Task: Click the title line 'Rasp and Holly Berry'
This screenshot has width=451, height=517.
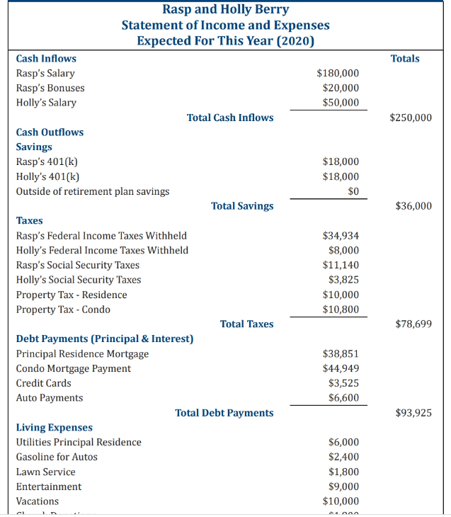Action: coord(225,9)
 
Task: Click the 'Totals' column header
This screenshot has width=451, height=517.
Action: coord(405,58)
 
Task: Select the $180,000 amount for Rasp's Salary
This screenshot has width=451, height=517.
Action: coord(338,73)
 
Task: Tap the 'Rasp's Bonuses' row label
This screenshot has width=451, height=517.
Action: coord(50,88)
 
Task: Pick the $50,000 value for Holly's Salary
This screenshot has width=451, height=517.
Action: coord(341,103)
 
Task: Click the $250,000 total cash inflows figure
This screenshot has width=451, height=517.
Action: coord(411,118)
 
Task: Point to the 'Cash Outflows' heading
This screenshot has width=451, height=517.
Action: coord(50,132)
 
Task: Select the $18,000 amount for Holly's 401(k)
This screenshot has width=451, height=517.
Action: coord(341,176)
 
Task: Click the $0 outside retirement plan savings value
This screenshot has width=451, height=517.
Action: coord(353,191)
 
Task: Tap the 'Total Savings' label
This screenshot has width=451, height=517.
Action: coord(242,206)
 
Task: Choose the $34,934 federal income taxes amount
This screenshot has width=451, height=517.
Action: coord(341,235)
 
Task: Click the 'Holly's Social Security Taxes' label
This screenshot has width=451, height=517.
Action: coord(79,280)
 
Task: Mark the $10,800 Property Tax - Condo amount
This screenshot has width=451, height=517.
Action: coord(341,309)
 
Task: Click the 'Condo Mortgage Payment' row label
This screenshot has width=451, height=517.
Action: coord(74,368)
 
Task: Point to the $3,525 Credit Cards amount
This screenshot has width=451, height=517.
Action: coord(343,383)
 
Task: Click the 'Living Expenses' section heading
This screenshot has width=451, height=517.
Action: coord(54,427)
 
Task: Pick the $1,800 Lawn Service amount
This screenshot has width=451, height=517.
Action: coord(343,472)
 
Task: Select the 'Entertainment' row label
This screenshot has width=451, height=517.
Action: coord(49,487)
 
